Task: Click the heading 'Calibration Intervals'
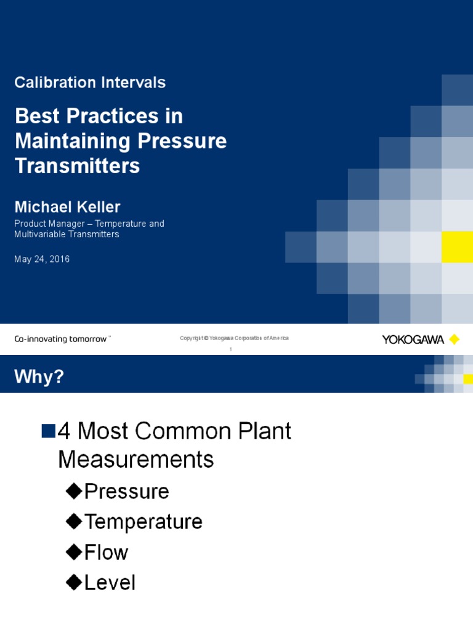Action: coord(90,83)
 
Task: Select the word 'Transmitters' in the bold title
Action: coord(77,166)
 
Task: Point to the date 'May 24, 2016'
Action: coord(42,259)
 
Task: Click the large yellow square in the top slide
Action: coord(457,247)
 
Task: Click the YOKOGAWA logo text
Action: coord(413,340)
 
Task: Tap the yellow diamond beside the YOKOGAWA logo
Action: coord(455,340)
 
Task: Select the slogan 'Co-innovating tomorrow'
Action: coord(60,339)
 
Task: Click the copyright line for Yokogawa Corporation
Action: coord(234,338)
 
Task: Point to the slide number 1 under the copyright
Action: coord(230,349)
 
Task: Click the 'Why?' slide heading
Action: coord(39,377)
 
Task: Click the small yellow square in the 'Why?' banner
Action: coord(468,379)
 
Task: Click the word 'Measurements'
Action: coord(136,459)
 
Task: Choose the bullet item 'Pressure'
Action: coord(126,492)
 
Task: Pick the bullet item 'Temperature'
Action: coord(143,522)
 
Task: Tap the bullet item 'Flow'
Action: coord(106,552)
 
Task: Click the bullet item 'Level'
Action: coord(110,582)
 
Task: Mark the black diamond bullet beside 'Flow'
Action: coord(74,552)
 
